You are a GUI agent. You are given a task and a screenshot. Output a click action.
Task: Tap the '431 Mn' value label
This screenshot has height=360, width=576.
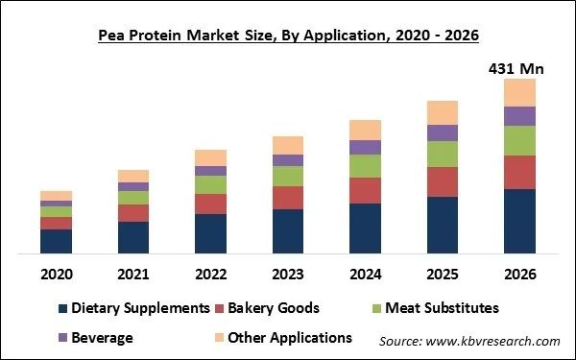point(519,69)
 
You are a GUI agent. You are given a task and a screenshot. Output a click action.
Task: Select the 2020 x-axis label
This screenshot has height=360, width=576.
point(56,274)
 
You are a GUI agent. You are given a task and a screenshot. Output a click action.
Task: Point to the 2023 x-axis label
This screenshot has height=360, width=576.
point(288,274)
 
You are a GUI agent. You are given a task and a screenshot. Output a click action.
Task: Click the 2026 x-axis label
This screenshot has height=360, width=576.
point(519,274)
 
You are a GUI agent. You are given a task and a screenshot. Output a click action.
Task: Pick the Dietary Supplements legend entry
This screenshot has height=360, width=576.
point(133,308)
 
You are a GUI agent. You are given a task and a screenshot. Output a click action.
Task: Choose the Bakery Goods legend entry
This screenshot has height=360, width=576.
point(272,308)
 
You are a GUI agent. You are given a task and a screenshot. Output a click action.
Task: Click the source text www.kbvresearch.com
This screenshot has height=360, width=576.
point(469,341)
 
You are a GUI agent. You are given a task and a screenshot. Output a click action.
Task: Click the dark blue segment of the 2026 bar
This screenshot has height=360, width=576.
point(519,221)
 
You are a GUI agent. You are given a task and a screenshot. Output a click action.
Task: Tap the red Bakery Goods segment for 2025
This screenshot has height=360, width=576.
point(443,181)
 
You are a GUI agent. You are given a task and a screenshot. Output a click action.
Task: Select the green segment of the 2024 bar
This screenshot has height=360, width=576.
point(365,166)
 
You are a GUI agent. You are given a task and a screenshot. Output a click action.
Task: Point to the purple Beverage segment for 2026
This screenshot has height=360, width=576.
point(519,116)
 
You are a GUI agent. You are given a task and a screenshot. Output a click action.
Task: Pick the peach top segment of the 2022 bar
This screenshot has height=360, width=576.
point(210,157)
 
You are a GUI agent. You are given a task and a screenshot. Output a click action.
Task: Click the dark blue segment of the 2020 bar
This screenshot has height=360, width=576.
point(56,241)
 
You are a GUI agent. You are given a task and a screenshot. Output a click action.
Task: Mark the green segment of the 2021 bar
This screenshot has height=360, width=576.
point(133,198)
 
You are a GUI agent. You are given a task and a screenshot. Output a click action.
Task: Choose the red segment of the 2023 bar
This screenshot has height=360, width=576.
point(288,198)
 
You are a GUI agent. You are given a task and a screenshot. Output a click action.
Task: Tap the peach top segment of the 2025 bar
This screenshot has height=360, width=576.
point(443,112)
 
